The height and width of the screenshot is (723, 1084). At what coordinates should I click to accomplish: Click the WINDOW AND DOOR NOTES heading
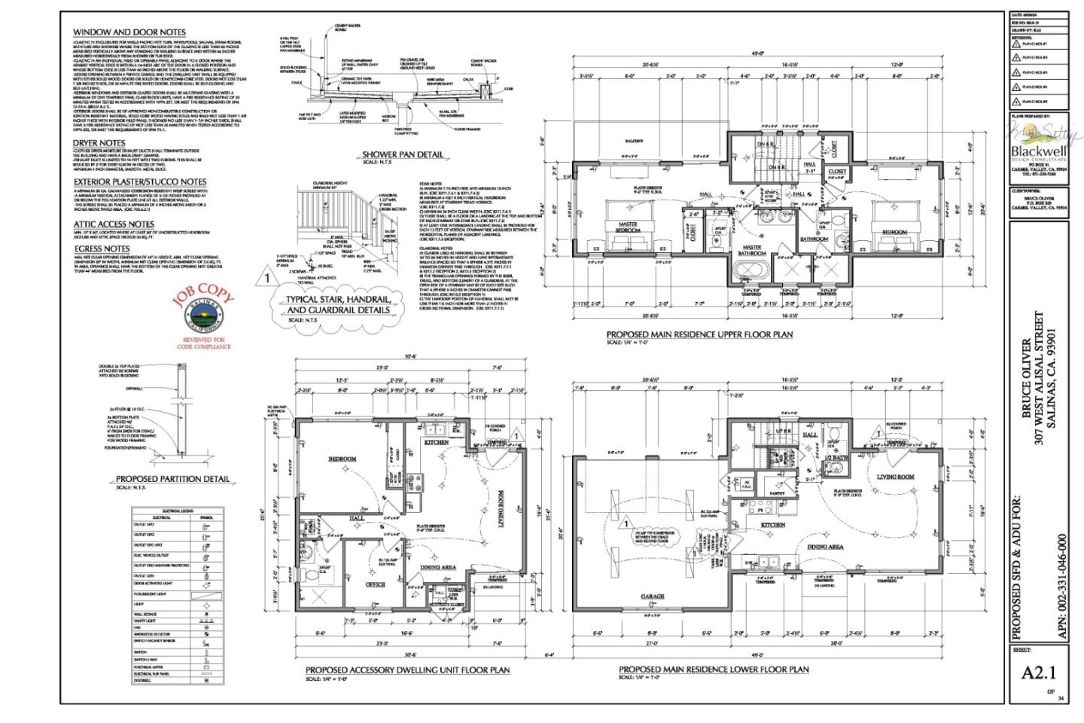[129, 32]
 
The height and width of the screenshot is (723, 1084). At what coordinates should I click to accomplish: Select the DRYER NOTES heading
[99, 142]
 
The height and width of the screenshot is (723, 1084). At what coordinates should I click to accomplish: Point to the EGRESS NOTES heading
[102, 248]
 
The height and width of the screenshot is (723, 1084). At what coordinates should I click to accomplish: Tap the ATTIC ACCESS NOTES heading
[113, 224]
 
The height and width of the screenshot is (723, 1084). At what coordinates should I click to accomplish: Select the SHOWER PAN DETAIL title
[403, 154]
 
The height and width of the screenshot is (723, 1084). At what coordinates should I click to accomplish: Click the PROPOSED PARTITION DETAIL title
[172, 479]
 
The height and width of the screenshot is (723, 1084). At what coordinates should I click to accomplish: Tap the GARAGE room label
[653, 596]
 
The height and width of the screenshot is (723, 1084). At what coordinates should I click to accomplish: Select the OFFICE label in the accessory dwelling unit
[375, 584]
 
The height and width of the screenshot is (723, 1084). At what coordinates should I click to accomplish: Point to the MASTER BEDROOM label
[628, 227]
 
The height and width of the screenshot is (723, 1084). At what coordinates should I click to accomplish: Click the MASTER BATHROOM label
[752, 250]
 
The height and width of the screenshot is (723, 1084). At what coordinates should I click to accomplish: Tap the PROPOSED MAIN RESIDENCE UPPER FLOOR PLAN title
[699, 334]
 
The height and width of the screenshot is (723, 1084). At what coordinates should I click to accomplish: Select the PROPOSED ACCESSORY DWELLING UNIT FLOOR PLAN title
[407, 670]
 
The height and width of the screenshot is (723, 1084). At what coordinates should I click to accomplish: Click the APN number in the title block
[1062, 587]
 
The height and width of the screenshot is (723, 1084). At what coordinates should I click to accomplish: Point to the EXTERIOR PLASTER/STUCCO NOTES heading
[139, 182]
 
